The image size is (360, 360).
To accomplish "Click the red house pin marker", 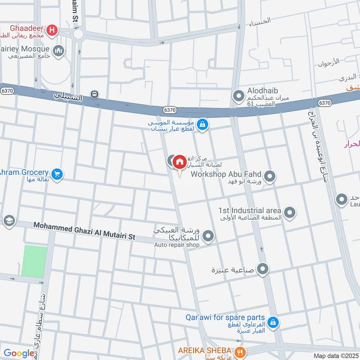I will click(x=180, y=162).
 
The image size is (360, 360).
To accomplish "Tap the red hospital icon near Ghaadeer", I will click(x=53, y=30).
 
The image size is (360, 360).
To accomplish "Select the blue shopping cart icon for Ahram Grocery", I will click(x=57, y=174).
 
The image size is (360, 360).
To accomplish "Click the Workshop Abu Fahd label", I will click(x=226, y=174).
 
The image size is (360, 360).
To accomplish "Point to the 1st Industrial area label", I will click(x=250, y=210).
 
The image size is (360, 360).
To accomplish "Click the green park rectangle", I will click(x=34, y=261).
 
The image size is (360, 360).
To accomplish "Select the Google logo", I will click(x=18, y=353).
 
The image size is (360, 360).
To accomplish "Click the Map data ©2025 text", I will click(x=335, y=355).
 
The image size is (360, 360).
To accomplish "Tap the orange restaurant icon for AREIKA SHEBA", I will click(x=241, y=351).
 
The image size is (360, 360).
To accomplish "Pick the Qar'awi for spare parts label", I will click(x=225, y=317).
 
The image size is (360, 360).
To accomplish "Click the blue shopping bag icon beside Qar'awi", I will click(x=272, y=322).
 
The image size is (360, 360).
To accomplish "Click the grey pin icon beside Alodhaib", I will click(x=238, y=95).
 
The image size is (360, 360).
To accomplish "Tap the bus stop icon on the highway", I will click(x=94, y=94).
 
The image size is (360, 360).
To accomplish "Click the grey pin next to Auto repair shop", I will click(x=208, y=235).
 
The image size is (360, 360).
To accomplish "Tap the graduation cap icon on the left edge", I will click(x=8, y=221).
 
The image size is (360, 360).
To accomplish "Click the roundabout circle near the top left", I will click(x=78, y=34).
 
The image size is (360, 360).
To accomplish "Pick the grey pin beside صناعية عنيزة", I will click(x=263, y=270).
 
